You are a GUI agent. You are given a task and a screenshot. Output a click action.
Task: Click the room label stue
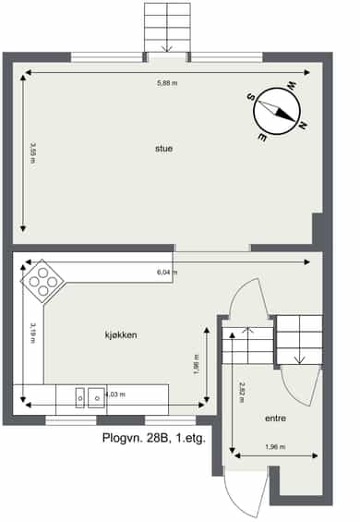[x=163, y=149]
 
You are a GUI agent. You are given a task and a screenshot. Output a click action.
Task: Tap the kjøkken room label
[x=121, y=334]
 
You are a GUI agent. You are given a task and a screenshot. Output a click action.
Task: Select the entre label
[x=275, y=419]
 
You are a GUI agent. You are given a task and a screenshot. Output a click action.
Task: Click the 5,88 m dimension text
[x=167, y=83]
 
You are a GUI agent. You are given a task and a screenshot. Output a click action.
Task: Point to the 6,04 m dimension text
[x=167, y=273]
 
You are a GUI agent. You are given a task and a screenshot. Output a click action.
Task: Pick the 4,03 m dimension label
[x=115, y=395]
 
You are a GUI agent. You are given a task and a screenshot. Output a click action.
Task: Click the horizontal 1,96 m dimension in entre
[x=275, y=447]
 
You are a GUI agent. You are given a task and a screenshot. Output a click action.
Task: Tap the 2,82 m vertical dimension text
[x=242, y=392]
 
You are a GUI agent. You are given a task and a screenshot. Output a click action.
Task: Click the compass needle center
[x=277, y=111]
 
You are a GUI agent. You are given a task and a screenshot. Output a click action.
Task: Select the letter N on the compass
[x=303, y=125]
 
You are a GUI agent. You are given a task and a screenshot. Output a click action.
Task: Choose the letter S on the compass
[x=250, y=97]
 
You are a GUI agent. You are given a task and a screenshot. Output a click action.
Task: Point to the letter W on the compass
[x=292, y=86]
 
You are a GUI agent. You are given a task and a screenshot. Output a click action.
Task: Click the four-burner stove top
[x=42, y=282]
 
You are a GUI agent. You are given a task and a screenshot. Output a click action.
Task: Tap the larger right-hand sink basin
[x=97, y=398]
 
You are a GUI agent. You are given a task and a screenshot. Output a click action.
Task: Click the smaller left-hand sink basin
[x=80, y=398]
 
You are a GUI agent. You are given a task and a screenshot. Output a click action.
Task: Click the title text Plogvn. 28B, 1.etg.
[x=154, y=438]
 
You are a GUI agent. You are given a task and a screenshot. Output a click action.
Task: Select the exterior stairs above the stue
[x=167, y=28]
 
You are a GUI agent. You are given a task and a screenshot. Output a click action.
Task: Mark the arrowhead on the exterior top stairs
[x=167, y=49]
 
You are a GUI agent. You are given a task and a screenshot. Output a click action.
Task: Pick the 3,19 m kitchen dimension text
[x=33, y=333]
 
